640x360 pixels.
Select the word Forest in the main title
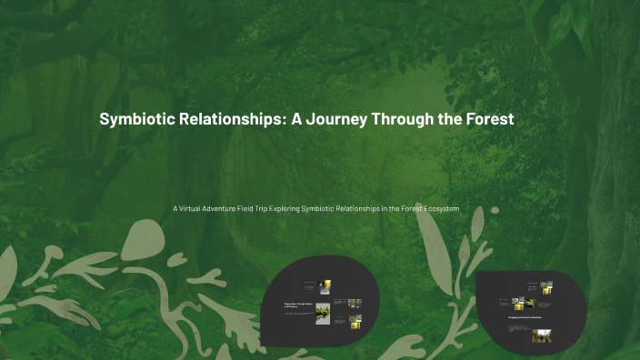487,119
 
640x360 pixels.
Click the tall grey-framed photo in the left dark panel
323,314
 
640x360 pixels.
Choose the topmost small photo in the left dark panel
325,286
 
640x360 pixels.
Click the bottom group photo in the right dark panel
542,335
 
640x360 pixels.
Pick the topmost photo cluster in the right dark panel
546,287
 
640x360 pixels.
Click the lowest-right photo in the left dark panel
355,322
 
